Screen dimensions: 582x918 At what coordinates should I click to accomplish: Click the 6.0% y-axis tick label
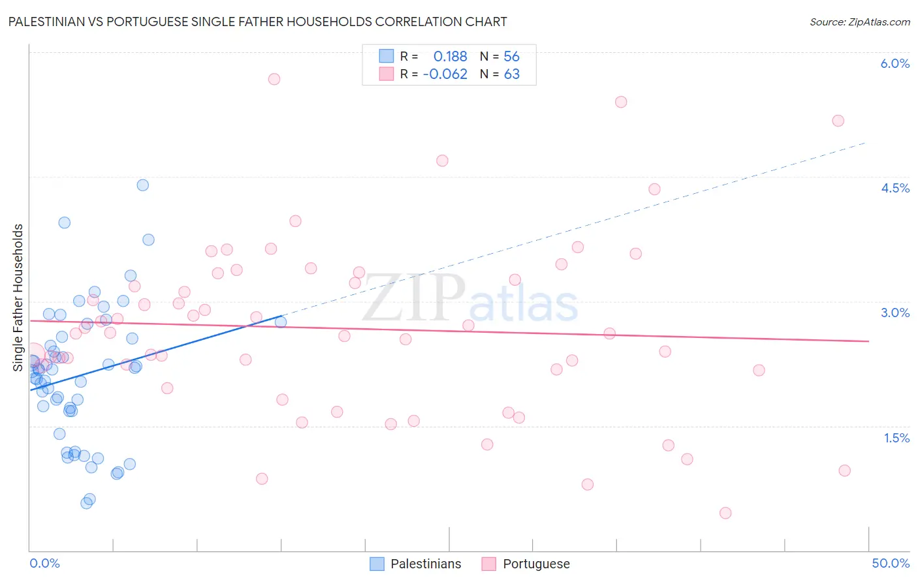pyautogui.click(x=894, y=63)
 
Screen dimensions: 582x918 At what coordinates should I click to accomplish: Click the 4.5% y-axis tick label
pyautogui.click(x=894, y=188)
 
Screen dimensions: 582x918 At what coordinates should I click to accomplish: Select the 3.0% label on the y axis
pyautogui.click(x=894, y=313)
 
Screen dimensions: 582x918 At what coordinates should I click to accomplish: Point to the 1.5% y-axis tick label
pyautogui.click(x=896, y=438)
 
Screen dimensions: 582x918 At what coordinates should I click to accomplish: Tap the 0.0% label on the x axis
pyautogui.click(x=44, y=563)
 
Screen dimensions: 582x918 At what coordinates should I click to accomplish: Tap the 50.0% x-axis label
pyautogui.click(x=891, y=563)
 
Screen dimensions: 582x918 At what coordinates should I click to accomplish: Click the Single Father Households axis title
pyautogui.click(x=18, y=298)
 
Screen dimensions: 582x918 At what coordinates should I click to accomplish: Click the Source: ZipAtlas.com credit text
pyautogui.click(x=859, y=22)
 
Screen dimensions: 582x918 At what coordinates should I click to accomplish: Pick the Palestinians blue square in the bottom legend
pyautogui.click(x=377, y=564)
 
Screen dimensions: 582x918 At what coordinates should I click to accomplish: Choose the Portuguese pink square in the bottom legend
pyautogui.click(x=489, y=564)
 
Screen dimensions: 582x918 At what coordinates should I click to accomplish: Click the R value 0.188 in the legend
pyautogui.click(x=450, y=57)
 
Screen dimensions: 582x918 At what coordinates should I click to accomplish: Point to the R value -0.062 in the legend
pyautogui.click(x=445, y=74)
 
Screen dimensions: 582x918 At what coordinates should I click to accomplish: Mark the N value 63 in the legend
pyautogui.click(x=512, y=74)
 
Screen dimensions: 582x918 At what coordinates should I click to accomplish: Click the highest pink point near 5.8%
pyautogui.click(x=274, y=79)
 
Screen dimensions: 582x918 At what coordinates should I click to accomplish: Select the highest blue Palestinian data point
pyautogui.click(x=143, y=185)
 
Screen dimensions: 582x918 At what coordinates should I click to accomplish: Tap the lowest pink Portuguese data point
pyautogui.click(x=725, y=513)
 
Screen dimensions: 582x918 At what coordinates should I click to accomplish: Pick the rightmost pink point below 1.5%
pyautogui.click(x=844, y=470)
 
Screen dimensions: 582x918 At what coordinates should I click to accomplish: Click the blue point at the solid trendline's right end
pyautogui.click(x=281, y=322)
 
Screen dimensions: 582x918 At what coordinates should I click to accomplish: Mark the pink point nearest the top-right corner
pyautogui.click(x=838, y=121)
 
